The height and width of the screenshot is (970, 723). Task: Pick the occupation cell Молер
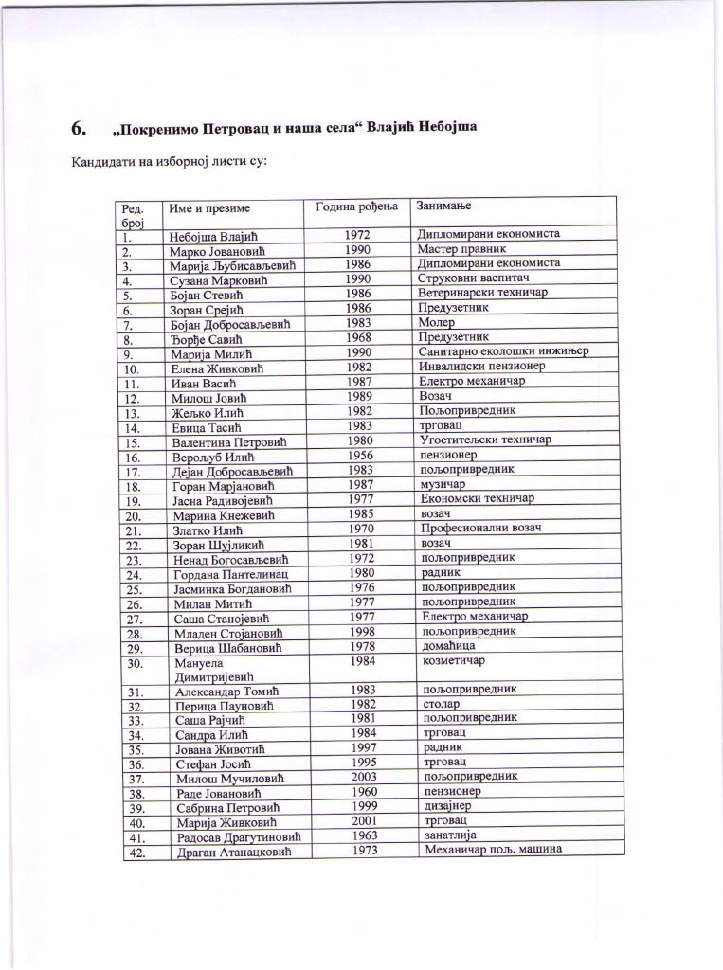click(436, 323)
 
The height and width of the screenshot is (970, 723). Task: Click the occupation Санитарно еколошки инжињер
click(503, 351)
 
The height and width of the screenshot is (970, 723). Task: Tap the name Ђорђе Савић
click(208, 338)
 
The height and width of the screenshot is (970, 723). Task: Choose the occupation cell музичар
click(443, 483)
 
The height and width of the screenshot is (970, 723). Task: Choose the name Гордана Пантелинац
click(230, 574)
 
